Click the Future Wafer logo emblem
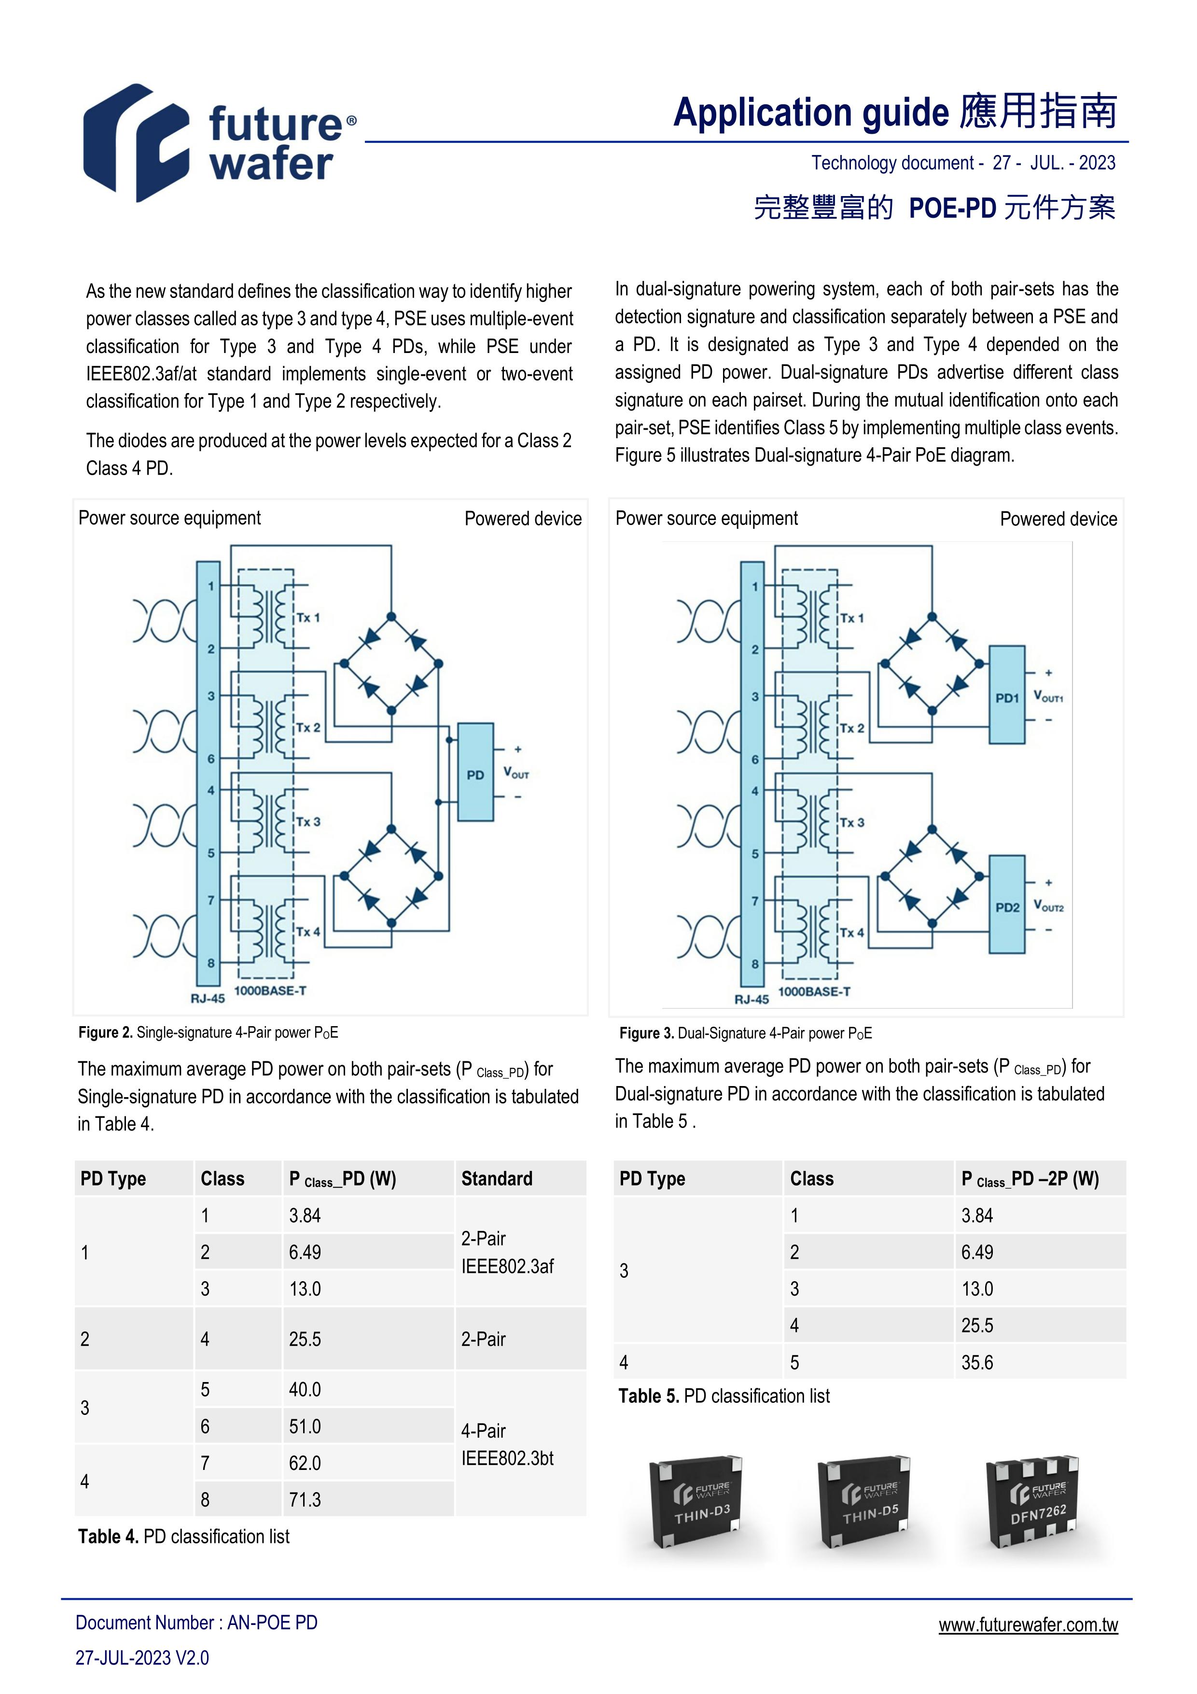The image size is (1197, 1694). (x=137, y=143)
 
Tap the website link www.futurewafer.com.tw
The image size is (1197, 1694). (x=1028, y=1624)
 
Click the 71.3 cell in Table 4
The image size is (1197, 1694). (x=306, y=1500)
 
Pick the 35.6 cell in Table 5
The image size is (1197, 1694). (x=977, y=1362)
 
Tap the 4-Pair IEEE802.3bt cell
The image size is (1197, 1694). (x=507, y=1444)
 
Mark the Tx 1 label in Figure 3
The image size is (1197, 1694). (x=851, y=618)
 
